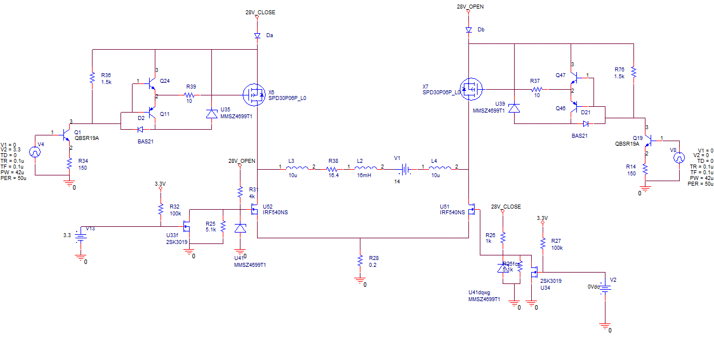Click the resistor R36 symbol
coord(92,78)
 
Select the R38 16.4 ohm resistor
coord(334,169)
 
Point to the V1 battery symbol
coord(405,169)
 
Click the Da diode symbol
coord(258,35)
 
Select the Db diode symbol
coord(468,29)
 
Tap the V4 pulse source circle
coord(35,153)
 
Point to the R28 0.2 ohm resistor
coord(360,261)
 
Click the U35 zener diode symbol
coord(212,113)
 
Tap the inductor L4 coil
coord(440,169)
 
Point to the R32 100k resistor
coord(161,209)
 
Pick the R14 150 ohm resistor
coord(645,169)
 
